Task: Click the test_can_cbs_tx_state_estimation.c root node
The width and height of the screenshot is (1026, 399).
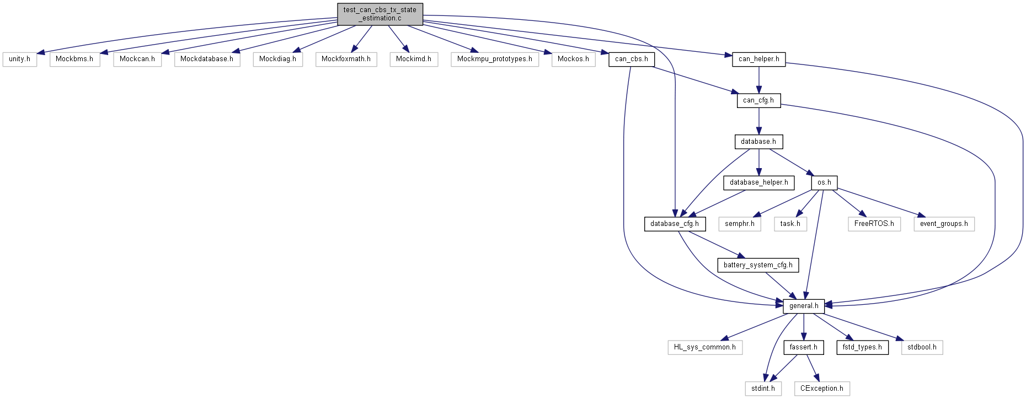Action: (380, 14)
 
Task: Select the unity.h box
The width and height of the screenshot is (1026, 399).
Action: (20, 59)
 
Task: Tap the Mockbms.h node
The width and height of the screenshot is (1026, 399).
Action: (74, 59)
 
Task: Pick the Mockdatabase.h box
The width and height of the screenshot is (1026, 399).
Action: (207, 59)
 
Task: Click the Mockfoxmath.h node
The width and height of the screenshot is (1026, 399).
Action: (346, 59)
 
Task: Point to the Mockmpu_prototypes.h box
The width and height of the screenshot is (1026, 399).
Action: (494, 59)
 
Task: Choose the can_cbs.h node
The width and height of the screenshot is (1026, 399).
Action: (631, 59)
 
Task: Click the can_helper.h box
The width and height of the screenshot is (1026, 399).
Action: (758, 59)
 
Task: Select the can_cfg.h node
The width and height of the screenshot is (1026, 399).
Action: (758, 100)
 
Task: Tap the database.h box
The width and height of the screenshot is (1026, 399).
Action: (758, 142)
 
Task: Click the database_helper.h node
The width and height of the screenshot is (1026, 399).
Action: (758, 182)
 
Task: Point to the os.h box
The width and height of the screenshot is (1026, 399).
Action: (824, 182)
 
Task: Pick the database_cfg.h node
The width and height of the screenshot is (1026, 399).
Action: (675, 224)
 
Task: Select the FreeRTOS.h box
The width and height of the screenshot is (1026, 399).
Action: (874, 224)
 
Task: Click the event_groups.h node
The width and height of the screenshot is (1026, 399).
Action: (944, 224)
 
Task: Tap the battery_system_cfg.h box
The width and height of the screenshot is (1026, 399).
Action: (758, 265)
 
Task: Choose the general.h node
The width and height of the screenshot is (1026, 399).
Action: (804, 306)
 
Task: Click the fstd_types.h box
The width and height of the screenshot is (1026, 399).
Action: (862, 347)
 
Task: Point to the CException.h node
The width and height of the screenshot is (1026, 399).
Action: (821, 389)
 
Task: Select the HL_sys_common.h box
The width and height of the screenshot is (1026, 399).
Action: (704, 347)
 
